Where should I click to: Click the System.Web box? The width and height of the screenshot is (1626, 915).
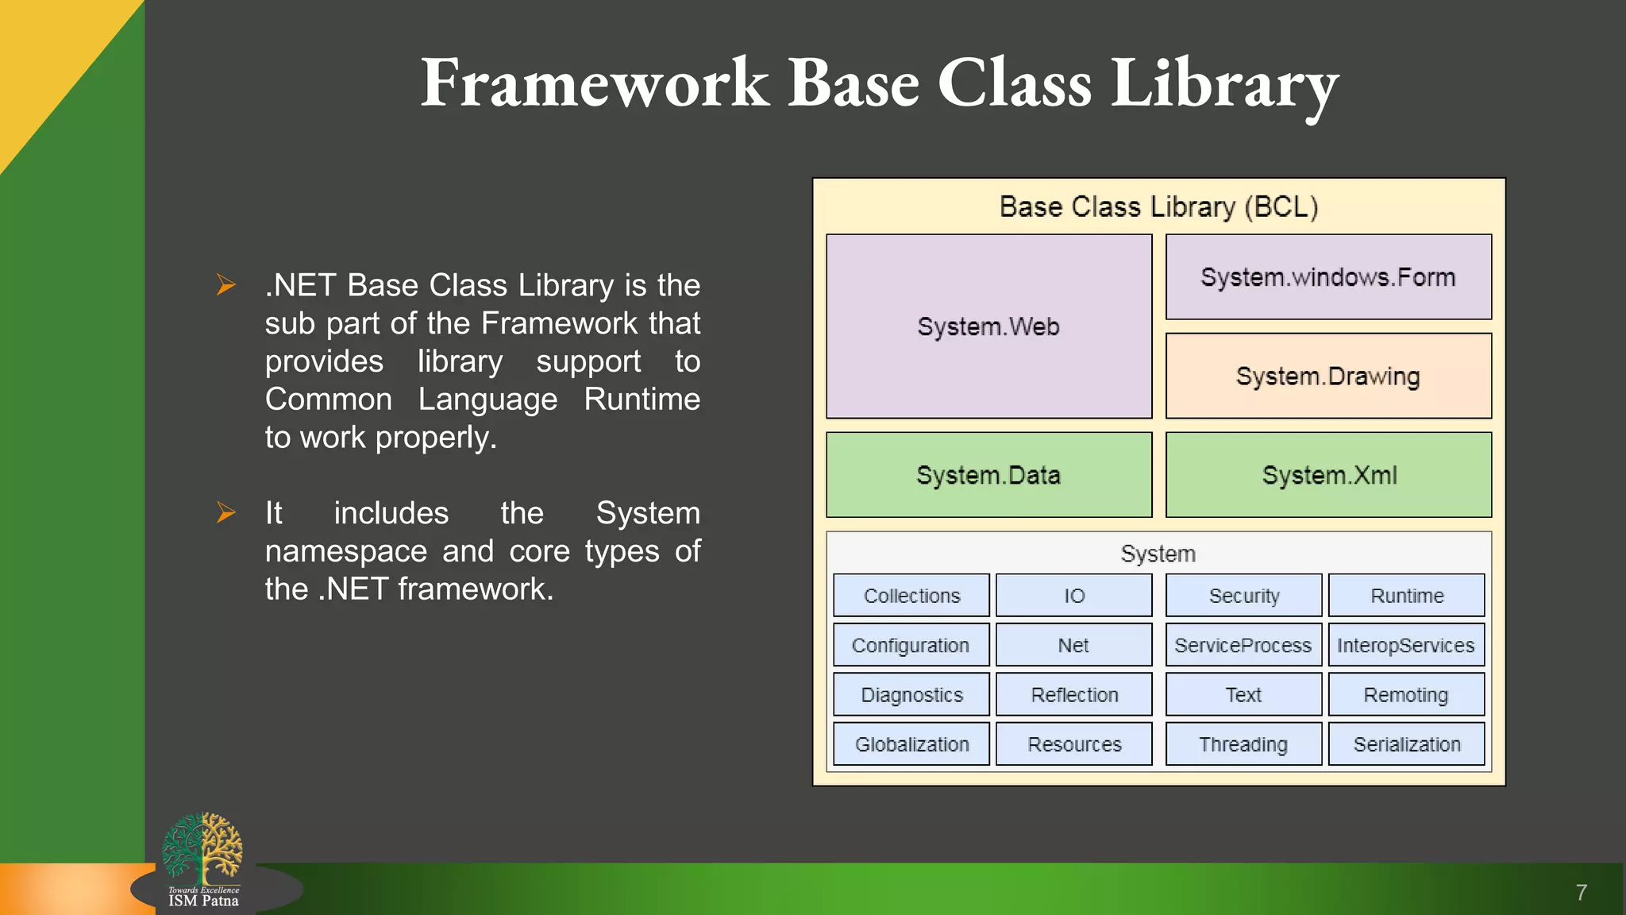point(988,326)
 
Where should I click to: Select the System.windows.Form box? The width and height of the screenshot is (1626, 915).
point(1328,277)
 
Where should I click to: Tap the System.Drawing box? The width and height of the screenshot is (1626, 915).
point(1328,376)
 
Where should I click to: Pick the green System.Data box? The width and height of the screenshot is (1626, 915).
point(988,475)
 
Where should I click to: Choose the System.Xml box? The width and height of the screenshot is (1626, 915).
point(1328,475)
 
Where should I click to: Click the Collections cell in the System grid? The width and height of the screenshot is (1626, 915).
point(911,596)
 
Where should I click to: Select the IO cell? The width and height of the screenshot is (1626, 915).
point(1073,596)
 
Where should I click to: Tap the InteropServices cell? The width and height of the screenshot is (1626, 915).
point(1405,645)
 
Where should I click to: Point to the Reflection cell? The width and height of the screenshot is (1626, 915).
point(1073,695)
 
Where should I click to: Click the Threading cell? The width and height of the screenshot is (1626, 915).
point(1243,744)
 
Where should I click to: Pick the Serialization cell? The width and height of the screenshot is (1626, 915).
point(1406,744)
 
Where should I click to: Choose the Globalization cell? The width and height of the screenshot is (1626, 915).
point(911,744)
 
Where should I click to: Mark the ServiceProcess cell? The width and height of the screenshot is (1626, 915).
point(1243,645)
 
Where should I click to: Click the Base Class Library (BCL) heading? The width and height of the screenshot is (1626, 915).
point(1158,207)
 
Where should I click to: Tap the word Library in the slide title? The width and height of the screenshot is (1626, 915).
point(1224,84)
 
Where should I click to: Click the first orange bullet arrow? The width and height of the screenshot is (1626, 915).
point(226,284)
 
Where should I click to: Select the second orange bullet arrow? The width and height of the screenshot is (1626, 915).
point(226,512)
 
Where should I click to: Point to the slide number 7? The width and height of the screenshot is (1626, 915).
point(1581,893)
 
